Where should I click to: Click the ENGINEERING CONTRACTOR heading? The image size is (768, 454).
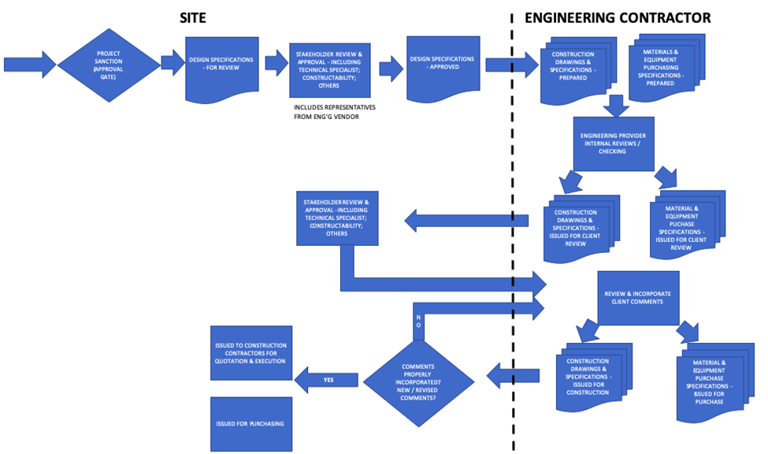pyautogui.click(x=618, y=17)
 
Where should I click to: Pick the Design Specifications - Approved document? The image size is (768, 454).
pyautogui.click(x=442, y=64)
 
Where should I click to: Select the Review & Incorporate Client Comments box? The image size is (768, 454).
pyautogui.click(x=637, y=297)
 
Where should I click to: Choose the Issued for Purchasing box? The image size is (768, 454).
pyautogui.click(x=251, y=423)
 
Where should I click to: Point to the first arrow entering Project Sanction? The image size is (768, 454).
pyautogui.click(x=29, y=64)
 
